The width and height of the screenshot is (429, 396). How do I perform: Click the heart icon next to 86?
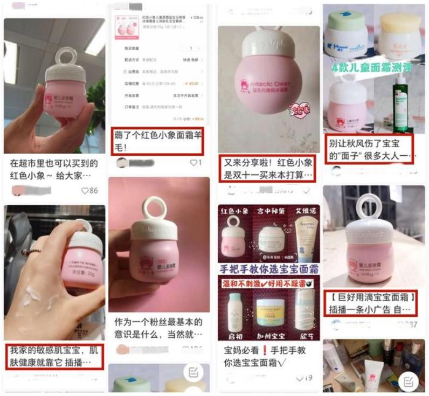point(85,191)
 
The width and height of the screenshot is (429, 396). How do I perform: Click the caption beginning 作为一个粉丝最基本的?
point(157,328)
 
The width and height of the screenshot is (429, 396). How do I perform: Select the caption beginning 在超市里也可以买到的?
point(54,169)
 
